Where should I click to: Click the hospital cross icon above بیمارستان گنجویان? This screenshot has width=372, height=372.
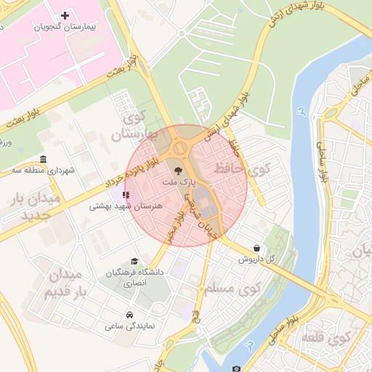click(65, 15)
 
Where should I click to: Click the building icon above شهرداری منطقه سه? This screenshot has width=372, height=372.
click(44, 160)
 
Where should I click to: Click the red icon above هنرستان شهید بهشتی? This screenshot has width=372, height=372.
click(126, 195)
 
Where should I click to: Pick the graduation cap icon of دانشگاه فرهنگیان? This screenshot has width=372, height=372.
click(134, 261)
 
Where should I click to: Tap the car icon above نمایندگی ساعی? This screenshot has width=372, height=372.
click(129, 315)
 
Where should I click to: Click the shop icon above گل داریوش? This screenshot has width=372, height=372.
click(257, 248)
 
